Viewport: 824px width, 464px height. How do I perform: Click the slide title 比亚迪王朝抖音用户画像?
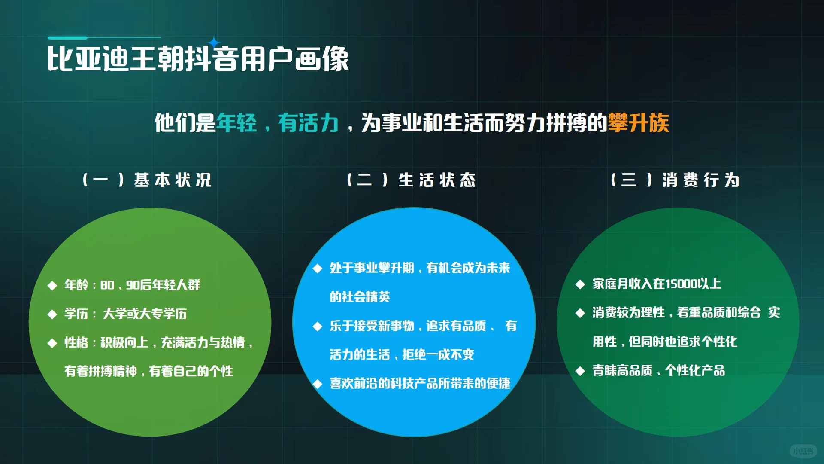tap(198, 59)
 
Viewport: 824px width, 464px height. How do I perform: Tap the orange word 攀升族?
tap(638, 123)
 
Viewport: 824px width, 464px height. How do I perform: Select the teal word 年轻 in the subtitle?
tap(236, 123)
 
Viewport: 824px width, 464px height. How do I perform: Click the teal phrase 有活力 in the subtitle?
tap(308, 123)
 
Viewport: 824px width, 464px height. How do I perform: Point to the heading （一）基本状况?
tap(147, 180)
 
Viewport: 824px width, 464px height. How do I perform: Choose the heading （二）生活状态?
tap(411, 180)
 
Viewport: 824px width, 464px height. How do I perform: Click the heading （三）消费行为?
tap(675, 180)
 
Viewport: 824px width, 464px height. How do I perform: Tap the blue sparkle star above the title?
tap(214, 43)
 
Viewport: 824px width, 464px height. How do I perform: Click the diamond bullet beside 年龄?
tap(52, 285)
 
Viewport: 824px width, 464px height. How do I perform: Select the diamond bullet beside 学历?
tap(52, 314)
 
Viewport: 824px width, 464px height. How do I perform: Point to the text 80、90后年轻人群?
tap(150, 285)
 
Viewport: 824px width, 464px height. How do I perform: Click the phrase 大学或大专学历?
tap(145, 314)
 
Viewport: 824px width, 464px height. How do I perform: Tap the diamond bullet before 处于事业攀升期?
tap(318, 269)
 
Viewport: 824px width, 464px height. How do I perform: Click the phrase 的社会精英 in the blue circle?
tap(360, 297)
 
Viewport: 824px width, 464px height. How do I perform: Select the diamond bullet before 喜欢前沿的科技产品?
tap(318, 384)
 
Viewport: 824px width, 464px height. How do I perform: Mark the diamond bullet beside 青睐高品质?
tap(580, 371)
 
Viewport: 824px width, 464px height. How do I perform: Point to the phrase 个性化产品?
tap(695, 370)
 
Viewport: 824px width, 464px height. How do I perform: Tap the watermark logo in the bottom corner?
tap(803, 451)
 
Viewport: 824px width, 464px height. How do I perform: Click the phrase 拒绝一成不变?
tap(438, 354)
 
